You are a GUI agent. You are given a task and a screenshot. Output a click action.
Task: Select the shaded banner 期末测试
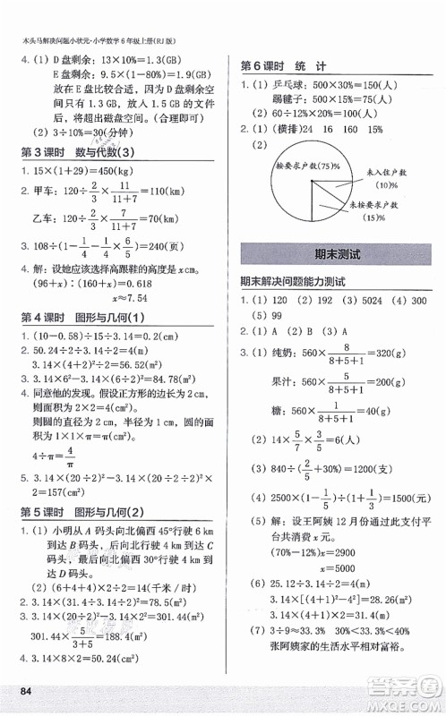click(330, 255)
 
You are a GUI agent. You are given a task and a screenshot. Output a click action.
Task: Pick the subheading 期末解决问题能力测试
click(299, 282)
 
